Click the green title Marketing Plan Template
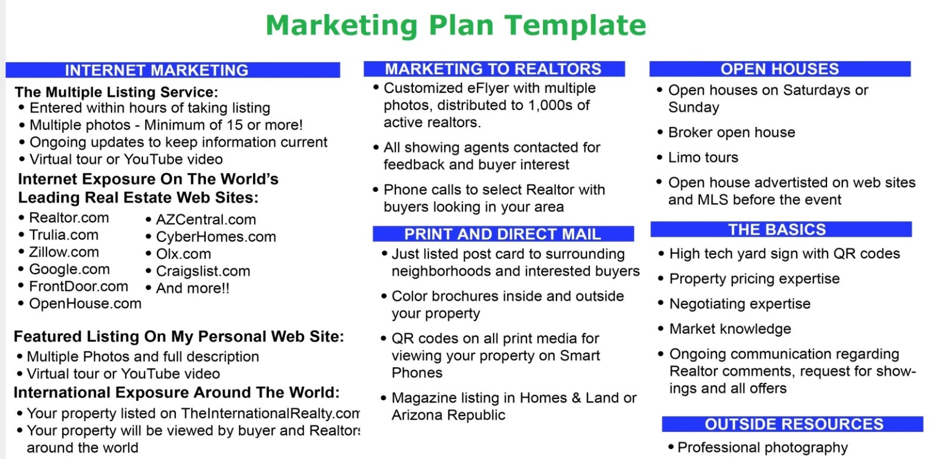[456, 25]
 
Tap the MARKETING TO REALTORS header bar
[493, 69]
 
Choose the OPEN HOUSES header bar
[779, 69]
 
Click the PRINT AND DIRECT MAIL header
[502, 234]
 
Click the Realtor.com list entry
[69, 218]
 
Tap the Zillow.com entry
[64, 252]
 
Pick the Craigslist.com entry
[203, 271]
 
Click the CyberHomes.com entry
[216, 237]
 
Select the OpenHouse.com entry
[85, 304]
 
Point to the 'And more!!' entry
[192, 288]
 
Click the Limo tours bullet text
[703, 158]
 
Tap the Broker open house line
[731, 132]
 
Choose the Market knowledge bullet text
[730, 329]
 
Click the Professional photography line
[762, 447]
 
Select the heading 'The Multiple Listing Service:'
[116, 92]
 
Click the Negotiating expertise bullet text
[739, 304]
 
